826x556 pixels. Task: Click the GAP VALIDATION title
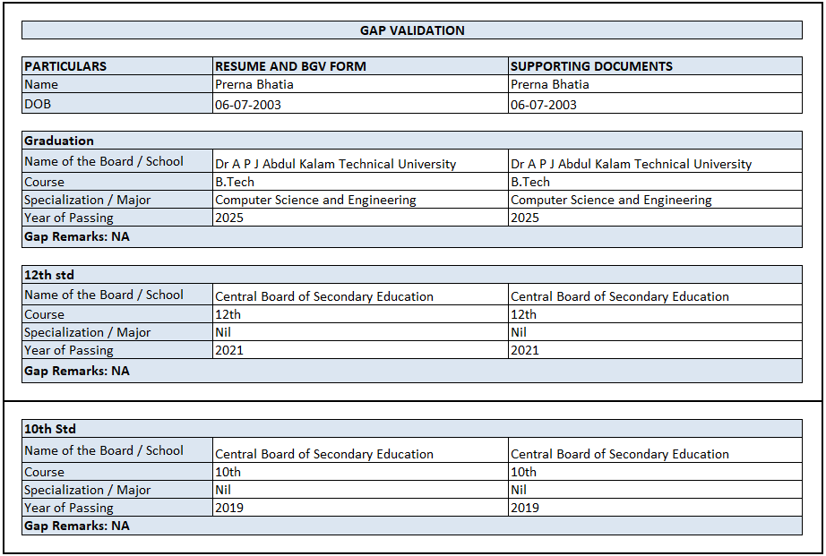coord(412,30)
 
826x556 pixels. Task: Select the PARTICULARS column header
coord(65,66)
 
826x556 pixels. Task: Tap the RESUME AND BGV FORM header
coord(290,66)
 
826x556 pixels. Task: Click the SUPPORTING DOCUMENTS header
coord(591,66)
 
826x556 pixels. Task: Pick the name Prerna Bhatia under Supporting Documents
coord(549,85)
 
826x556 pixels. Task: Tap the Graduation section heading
coord(59,141)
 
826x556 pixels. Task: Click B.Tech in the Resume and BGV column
coord(235,182)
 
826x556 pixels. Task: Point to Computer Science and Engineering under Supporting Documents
coord(611,200)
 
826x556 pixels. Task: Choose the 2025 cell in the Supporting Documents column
coord(525,218)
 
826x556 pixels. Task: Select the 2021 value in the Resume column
coord(229,350)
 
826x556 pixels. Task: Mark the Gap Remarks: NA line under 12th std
coord(77,371)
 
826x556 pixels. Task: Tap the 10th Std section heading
coord(50,429)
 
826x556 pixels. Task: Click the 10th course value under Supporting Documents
coord(523,472)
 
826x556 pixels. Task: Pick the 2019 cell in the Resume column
coord(229,508)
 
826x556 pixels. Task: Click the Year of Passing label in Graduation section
coord(69,218)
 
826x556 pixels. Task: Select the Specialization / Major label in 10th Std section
coord(87,490)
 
